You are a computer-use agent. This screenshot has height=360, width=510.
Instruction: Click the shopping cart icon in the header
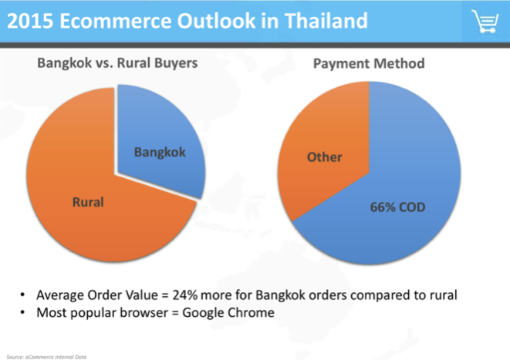(485, 21)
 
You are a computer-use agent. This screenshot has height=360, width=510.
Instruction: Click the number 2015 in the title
(30, 21)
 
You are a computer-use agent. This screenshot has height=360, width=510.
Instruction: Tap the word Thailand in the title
(326, 21)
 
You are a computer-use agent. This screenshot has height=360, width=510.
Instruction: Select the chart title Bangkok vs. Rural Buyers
(117, 63)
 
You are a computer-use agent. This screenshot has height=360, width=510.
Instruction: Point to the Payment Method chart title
(369, 64)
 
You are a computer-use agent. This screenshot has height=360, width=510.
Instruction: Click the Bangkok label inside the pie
(160, 153)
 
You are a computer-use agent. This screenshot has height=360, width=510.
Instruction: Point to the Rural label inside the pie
(88, 202)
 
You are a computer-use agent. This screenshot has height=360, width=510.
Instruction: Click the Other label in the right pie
(324, 157)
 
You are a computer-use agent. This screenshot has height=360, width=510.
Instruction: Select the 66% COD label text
(397, 207)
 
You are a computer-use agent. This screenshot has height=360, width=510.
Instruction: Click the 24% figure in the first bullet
(184, 295)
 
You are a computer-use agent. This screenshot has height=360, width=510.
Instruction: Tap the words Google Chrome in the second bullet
(228, 312)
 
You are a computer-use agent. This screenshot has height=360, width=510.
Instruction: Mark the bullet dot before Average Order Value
(22, 295)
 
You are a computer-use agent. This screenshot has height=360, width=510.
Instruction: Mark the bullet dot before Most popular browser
(22, 312)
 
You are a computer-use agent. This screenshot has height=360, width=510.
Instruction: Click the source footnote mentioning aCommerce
(46, 357)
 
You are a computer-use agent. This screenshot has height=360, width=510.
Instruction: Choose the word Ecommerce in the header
(116, 21)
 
